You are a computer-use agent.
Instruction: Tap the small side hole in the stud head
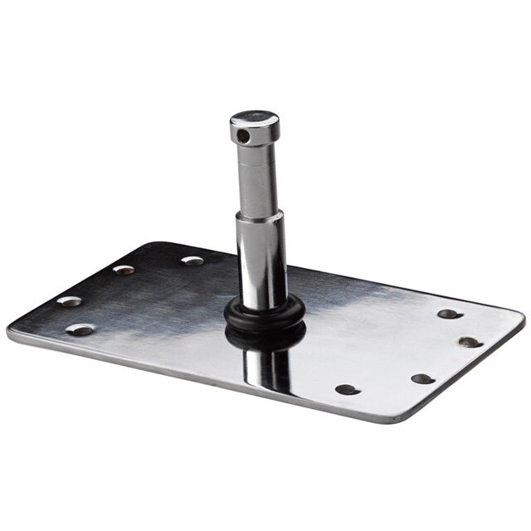[x=241, y=133]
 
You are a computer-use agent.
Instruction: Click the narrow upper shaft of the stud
[x=255, y=178]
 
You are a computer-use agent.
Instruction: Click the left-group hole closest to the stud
[x=192, y=261]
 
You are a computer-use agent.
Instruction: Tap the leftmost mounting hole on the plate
[x=70, y=301]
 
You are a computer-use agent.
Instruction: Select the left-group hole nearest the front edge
[x=80, y=329]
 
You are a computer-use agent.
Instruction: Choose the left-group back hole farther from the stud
[x=124, y=270]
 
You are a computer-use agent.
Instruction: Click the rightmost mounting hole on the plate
[x=470, y=341]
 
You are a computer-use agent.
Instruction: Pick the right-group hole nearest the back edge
[x=448, y=314]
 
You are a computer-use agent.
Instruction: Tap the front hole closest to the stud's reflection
[x=346, y=389]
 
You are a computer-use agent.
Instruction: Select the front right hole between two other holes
[x=422, y=378]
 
